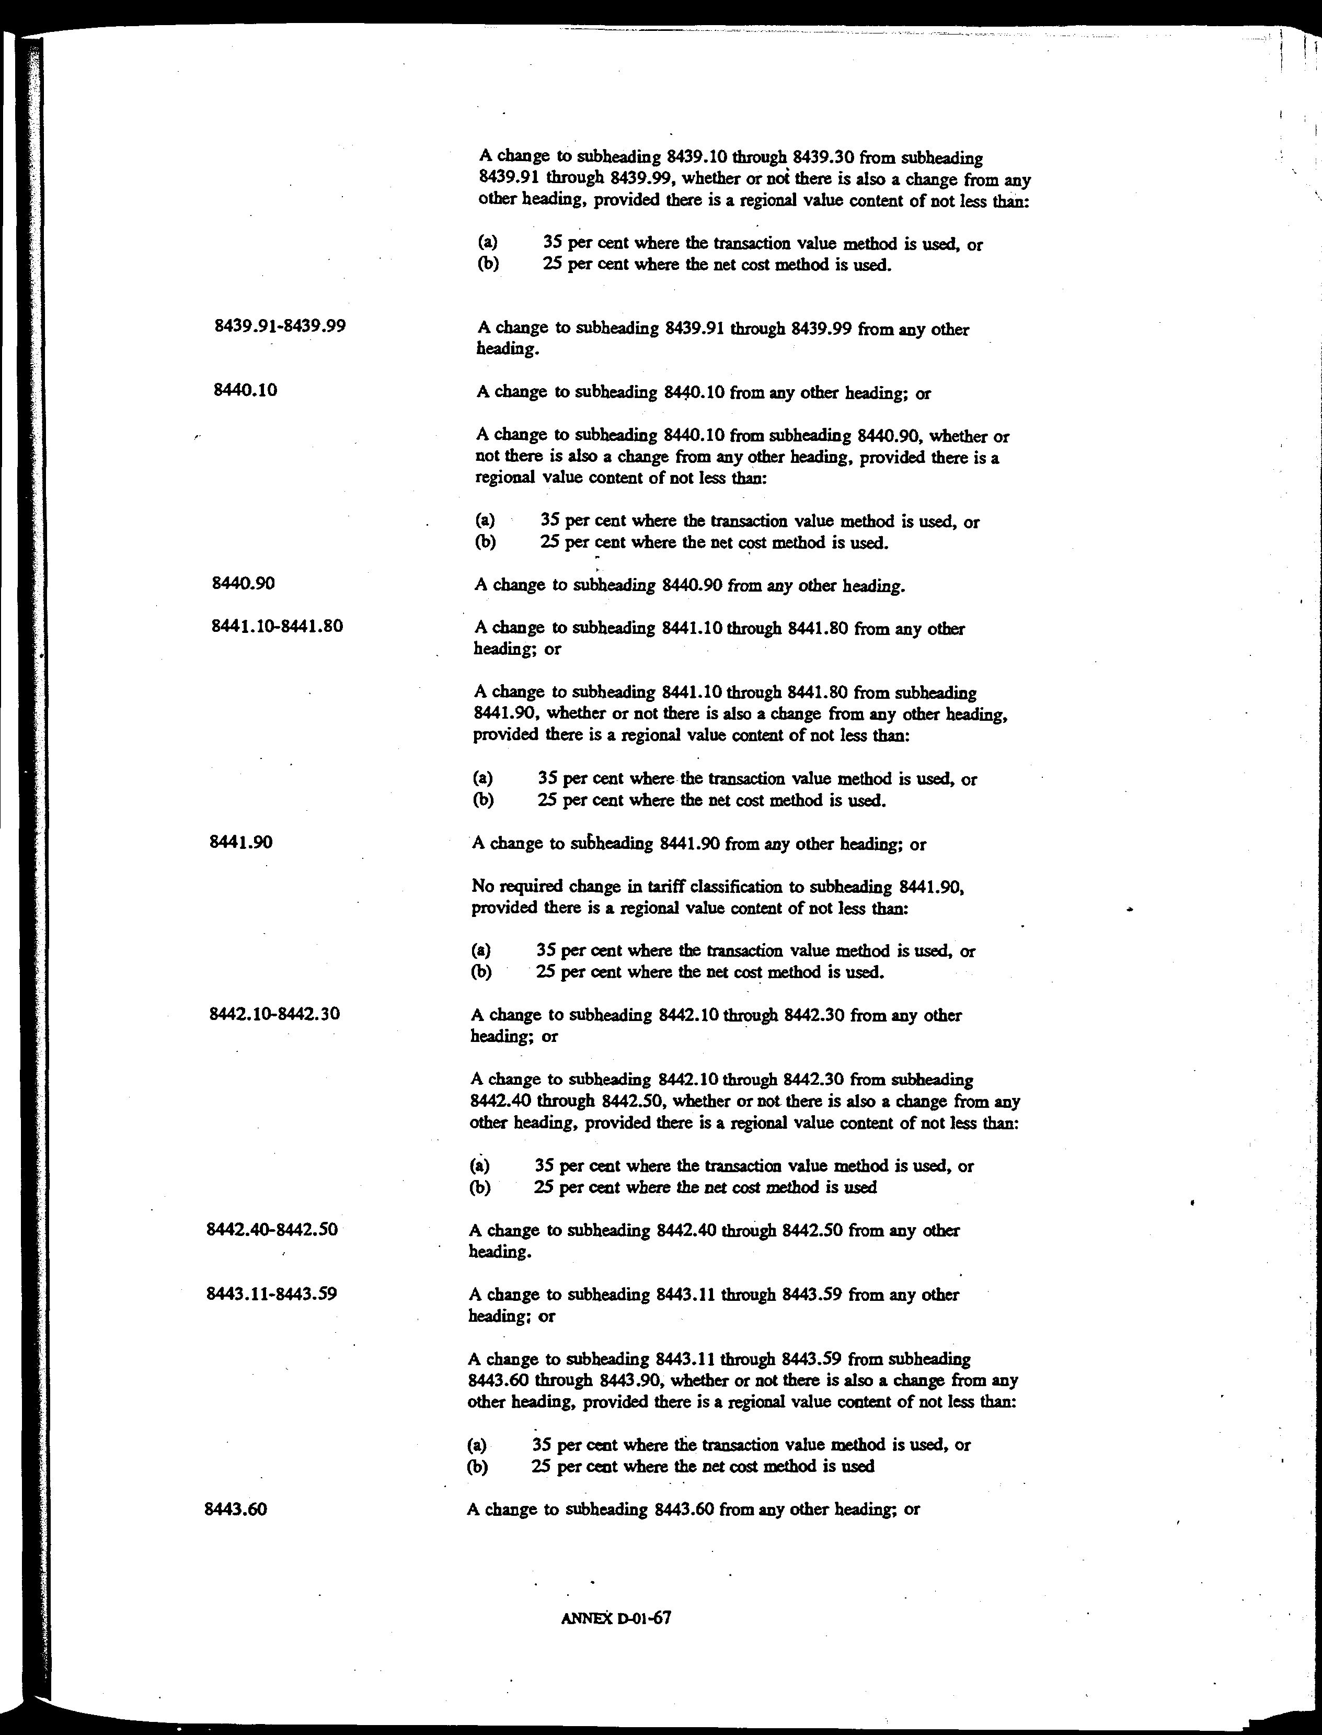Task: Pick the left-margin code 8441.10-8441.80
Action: [277, 627]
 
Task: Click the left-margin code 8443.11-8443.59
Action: [271, 1294]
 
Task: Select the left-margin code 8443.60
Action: [235, 1509]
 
